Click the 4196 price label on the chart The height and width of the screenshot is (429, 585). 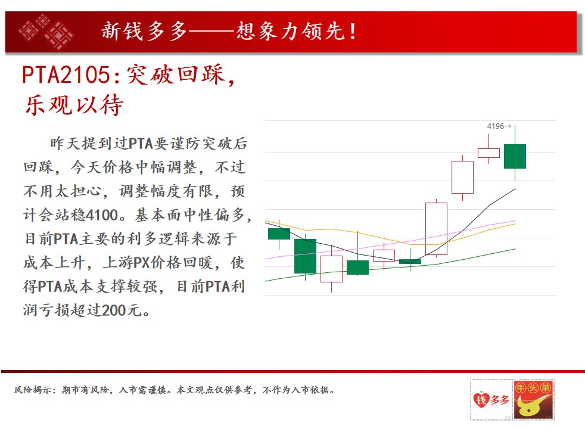click(496, 126)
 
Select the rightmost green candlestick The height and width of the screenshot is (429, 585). click(515, 156)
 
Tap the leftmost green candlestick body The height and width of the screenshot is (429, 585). click(279, 234)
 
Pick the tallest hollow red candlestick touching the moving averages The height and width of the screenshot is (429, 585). click(437, 229)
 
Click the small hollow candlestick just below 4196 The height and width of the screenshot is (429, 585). click(488, 153)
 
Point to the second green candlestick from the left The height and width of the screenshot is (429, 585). click(305, 256)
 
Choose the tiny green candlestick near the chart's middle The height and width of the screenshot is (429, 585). click(410, 262)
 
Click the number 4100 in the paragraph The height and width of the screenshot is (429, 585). click(102, 215)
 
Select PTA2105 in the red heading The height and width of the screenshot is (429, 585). click(66, 74)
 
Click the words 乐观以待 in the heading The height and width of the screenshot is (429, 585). click(74, 105)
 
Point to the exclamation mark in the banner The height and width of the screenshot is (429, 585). click(353, 32)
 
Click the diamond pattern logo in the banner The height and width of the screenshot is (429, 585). click(46, 32)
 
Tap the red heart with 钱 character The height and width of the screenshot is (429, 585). click(481, 400)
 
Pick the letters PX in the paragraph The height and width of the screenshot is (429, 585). click(141, 263)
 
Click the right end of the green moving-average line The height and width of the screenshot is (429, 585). click(515, 249)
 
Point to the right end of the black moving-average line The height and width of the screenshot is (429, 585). click(515, 189)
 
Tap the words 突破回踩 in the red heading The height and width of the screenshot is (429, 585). click(176, 74)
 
